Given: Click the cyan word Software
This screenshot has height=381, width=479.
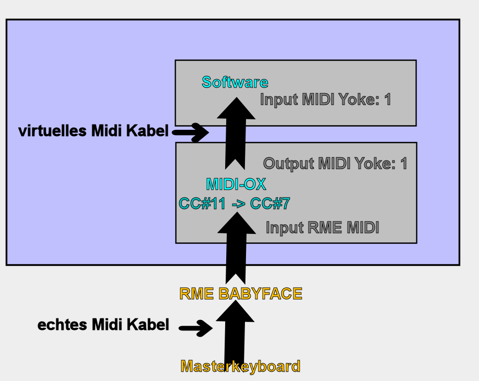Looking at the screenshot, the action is pyautogui.click(x=235, y=82).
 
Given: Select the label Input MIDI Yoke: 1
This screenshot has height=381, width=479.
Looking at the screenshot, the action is pyautogui.click(x=325, y=100).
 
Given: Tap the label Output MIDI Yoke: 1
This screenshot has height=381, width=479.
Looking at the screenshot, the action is pyautogui.click(x=335, y=164).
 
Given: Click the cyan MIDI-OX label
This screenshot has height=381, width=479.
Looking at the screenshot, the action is pyautogui.click(x=236, y=184).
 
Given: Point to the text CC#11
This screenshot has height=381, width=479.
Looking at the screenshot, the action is pyautogui.click(x=202, y=203).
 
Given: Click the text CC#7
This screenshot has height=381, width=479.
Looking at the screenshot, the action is pyautogui.click(x=270, y=203).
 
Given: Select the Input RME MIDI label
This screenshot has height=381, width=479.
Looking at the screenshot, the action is pyautogui.click(x=322, y=228).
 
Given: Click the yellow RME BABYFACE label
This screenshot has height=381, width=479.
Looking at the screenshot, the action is pyautogui.click(x=241, y=293).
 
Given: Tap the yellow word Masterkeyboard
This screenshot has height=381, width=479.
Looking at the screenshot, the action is pyautogui.click(x=240, y=366).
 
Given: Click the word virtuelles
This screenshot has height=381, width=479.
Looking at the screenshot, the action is pyautogui.click(x=53, y=131).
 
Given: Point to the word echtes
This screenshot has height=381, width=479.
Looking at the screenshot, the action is pyautogui.click(x=63, y=325).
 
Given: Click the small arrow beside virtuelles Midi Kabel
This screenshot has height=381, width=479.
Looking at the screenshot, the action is pyautogui.click(x=190, y=132).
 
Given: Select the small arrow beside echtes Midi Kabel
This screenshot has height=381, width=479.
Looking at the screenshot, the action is pyautogui.click(x=195, y=328).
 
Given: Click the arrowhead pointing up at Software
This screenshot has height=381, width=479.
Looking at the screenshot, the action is pyautogui.click(x=236, y=108).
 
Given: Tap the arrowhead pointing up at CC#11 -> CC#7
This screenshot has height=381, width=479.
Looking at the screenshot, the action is pyautogui.click(x=237, y=223).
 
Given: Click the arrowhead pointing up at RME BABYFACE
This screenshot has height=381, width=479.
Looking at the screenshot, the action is pyautogui.click(x=235, y=311).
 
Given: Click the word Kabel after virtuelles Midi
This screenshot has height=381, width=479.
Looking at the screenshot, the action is pyautogui.click(x=147, y=131).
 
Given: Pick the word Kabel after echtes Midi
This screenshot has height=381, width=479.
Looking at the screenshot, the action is pyautogui.click(x=148, y=325).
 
